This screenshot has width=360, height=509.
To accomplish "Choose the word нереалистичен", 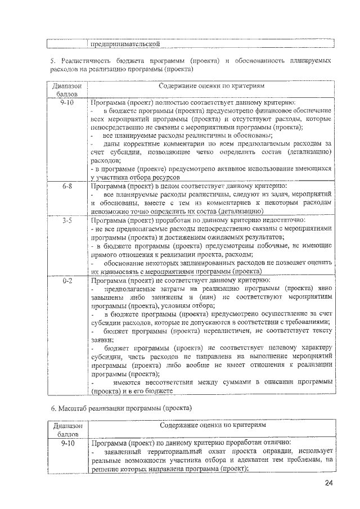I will (x=217, y=330).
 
